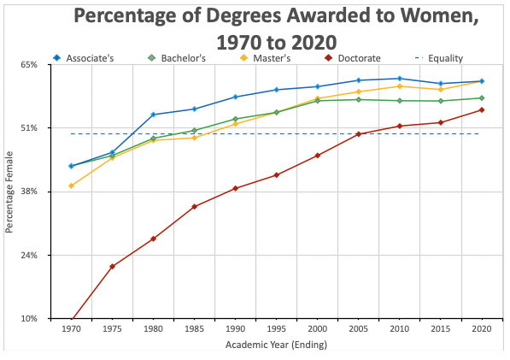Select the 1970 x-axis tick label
pyautogui.click(x=71, y=329)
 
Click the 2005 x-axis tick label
pyautogui.click(x=359, y=329)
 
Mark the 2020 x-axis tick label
pyautogui.click(x=482, y=329)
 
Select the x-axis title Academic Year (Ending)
pyautogui.click(x=276, y=345)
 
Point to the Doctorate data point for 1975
pyautogui.click(x=112, y=267)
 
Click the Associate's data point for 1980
pyautogui.click(x=153, y=115)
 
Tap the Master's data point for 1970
pyautogui.click(x=71, y=186)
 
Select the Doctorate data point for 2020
pyautogui.click(x=482, y=109)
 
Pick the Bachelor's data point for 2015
pyautogui.click(x=441, y=101)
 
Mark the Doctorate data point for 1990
pyautogui.click(x=235, y=188)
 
